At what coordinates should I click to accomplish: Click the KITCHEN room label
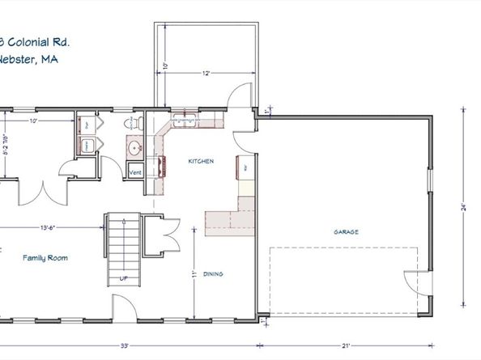point(201,162)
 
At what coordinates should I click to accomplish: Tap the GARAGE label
point(346,231)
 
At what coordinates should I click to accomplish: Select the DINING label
point(215,273)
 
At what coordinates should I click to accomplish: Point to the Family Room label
point(45,258)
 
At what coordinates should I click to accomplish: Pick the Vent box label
point(136,172)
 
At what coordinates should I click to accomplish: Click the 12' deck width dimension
point(207,74)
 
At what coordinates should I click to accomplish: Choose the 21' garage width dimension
point(346,346)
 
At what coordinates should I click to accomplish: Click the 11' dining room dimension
point(195,273)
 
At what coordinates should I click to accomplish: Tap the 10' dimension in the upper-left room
point(34,122)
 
